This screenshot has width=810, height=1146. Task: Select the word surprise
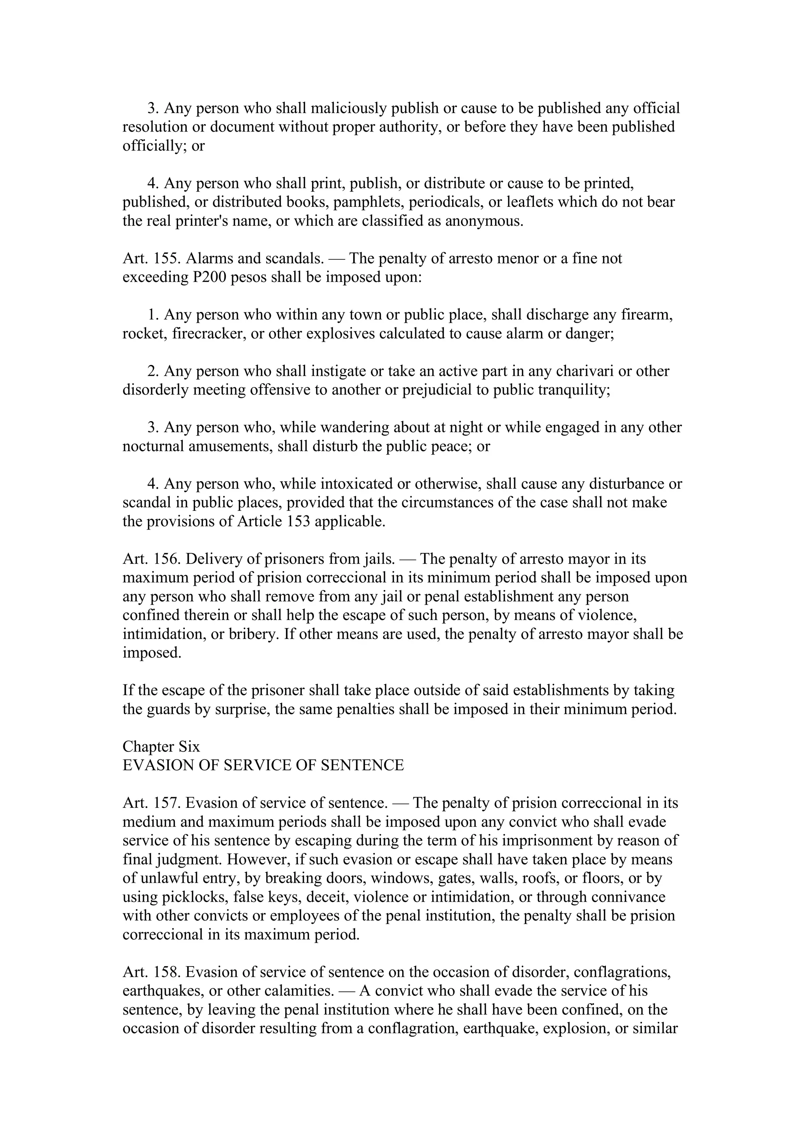[242, 710]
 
